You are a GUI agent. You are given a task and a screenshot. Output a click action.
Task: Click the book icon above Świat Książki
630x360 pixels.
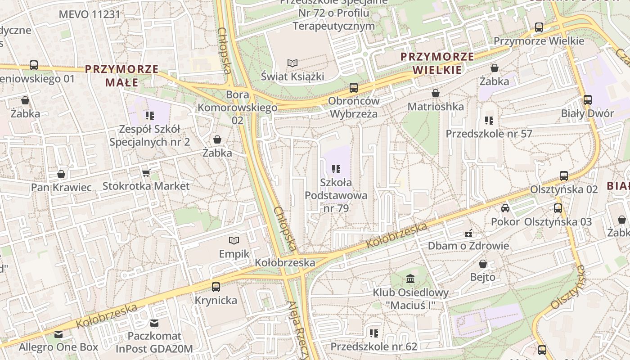click(292, 63)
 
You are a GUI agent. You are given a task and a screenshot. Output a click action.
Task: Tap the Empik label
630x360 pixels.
click(234, 254)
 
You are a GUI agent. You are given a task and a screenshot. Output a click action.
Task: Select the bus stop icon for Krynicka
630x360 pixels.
click(216, 287)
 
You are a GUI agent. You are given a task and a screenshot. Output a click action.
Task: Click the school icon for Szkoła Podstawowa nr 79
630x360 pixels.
click(336, 169)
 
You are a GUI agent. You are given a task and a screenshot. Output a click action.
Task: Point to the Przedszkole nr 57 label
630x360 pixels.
click(489, 134)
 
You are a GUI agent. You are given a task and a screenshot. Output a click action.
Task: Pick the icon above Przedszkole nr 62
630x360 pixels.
click(374, 333)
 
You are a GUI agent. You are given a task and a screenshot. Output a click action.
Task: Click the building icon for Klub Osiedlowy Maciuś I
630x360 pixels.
click(410, 279)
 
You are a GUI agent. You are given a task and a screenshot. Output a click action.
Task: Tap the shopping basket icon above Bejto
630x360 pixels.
click(483, 264)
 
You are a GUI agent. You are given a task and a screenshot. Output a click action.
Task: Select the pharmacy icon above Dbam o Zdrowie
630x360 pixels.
click(468, 233)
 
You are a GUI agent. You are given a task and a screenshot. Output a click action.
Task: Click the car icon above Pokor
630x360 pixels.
click(505, 208)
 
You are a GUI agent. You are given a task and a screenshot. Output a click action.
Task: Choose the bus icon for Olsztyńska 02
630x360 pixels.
click(564, 176)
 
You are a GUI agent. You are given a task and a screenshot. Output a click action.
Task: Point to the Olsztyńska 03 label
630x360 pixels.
click(558, 222)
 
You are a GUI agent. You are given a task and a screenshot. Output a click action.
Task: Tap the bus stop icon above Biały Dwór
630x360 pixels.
click(588, 100)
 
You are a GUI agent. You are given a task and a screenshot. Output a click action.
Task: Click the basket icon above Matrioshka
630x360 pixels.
click(436, 93)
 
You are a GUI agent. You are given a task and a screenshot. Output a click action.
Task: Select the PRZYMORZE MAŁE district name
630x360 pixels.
click(122, 76)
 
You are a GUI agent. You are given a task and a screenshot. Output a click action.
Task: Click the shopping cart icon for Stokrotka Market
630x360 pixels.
click(146, 173)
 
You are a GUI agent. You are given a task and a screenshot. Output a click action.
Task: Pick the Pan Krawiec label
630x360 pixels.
click(61, 187)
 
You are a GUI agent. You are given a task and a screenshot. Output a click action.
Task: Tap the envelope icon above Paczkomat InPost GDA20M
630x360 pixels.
click(154, 323)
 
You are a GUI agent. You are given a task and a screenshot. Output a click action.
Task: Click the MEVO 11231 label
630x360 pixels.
click(90, 14)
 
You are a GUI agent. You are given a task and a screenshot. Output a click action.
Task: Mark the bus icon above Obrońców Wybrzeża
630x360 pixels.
click(354, 88)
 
